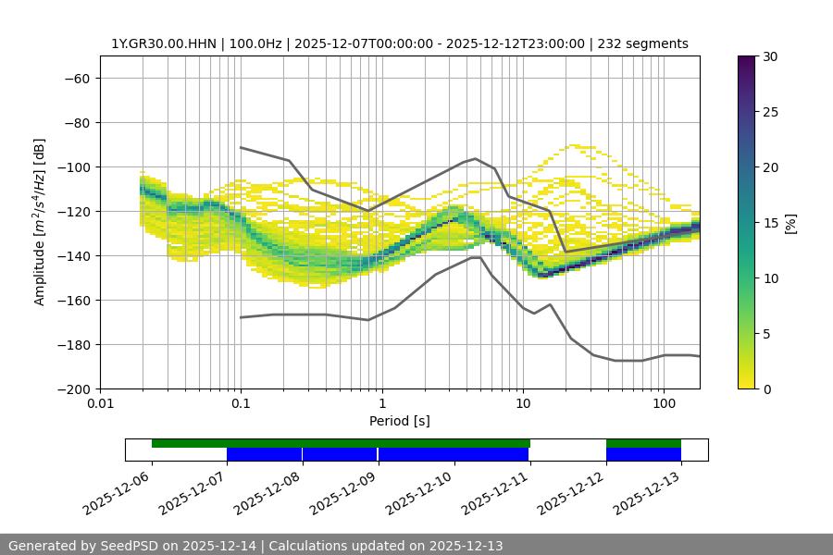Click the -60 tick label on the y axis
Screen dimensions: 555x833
pos(76,78)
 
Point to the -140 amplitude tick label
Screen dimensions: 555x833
pos(72,255)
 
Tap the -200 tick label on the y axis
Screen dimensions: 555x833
pos(72,388)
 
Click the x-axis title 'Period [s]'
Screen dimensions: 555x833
pos(399,421)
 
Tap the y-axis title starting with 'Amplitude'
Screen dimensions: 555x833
pos(39,222)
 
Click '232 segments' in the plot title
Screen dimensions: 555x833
pos(643,43)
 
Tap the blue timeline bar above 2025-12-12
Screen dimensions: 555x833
pos(643,454)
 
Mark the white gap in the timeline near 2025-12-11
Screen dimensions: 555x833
pos(567,450)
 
